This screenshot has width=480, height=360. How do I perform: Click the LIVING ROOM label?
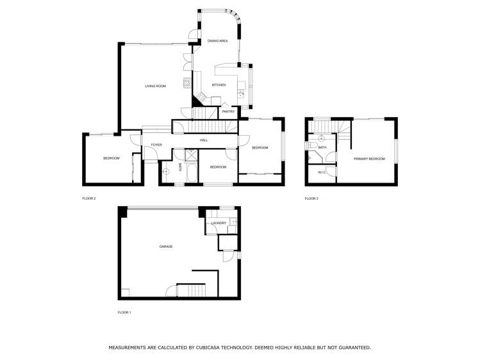pos(155,86)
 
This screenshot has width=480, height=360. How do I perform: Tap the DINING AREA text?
pos(217,41)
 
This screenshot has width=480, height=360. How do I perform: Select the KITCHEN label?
pos(219,85)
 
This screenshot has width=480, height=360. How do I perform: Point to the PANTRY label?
pos(228,111)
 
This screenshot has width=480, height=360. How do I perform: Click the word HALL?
pos(204,140)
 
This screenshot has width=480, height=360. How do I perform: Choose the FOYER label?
pos(156,145)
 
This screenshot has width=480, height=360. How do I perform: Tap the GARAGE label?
pos(166,247)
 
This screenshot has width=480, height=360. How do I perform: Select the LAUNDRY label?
pos(219,223)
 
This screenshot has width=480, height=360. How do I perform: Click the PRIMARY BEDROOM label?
pos(369,159)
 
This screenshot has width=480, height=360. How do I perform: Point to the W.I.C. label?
pos(322,172)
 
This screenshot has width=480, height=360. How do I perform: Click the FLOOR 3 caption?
pos(311,199)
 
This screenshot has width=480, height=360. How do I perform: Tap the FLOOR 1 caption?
pos(124,313)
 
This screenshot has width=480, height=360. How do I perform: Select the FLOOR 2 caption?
pos(89,199)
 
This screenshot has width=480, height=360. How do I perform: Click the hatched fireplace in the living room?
pos(186,83)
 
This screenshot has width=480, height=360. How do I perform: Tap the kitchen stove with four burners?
pos(201,97)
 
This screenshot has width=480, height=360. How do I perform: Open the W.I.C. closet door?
pos(328,171)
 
